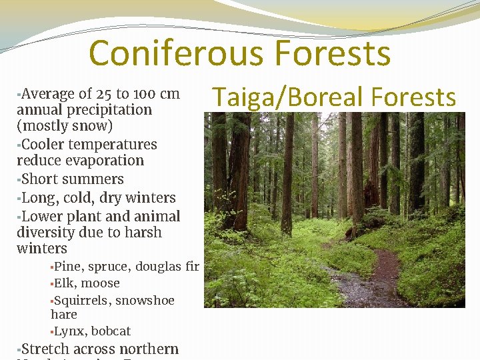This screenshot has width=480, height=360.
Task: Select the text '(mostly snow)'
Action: [65, 125]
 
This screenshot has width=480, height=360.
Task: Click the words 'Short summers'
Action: [73, 179]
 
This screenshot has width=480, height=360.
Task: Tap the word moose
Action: [101, 283]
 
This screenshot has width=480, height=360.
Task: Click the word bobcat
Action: [111, 331]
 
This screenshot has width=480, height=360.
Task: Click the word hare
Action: [64, 315]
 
